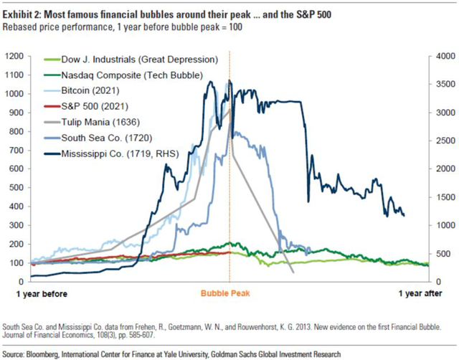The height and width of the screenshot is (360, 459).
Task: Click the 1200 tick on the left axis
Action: click(15, 56)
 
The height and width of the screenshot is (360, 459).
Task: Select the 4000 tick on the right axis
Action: click(445, 56)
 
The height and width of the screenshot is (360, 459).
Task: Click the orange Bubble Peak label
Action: click(229, 293)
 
